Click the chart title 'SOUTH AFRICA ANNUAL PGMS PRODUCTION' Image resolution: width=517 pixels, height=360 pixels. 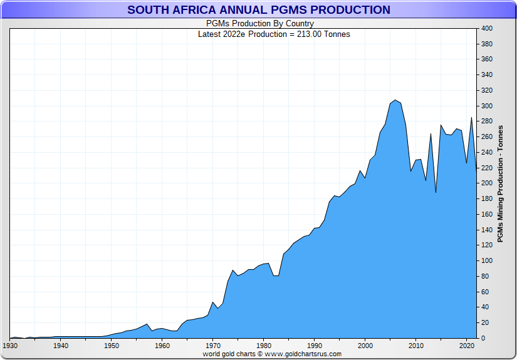(x=258, y=10)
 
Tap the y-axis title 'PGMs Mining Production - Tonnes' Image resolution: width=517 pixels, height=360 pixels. (x=500, y=184)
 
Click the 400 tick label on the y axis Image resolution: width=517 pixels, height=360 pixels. (x=486, y=29)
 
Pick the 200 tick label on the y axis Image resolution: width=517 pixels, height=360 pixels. (x=486, y=183)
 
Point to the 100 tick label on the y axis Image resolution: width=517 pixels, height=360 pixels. (x=486, y=261)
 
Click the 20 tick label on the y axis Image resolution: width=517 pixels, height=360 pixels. (x=484, y=323)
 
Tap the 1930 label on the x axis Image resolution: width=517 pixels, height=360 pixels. (x=10, y=346)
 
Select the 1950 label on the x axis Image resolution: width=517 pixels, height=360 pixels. (x=111, y=346)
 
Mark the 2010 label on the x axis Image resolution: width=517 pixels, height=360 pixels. (x=415, y=346)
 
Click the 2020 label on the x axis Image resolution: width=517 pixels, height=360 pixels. (x=466, y=346)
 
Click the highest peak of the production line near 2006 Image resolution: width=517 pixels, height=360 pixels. (x=395, y=100)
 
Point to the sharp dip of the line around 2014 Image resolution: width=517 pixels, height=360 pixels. (x=436, y=192)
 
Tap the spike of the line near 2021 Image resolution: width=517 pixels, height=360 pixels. (x=471, y=118)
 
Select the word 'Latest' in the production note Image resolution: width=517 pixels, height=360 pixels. (x=209, y=34)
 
